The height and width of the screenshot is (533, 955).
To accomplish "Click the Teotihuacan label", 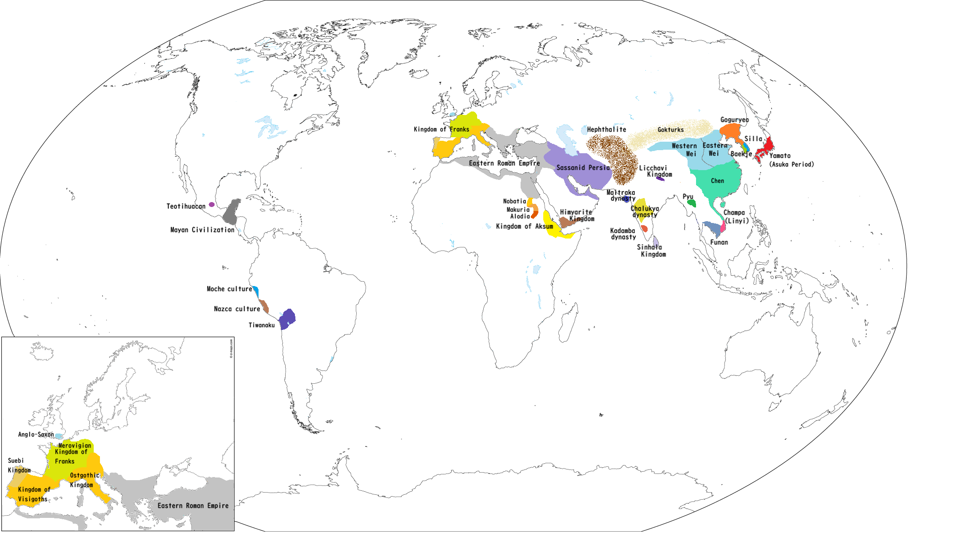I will [186, 206].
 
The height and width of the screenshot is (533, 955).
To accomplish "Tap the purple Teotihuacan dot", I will [212, 205].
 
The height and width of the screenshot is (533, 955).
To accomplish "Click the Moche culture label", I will [229, 289].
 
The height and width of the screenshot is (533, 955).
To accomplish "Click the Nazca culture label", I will [237, 309].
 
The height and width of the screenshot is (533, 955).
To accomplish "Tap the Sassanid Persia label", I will [583, 168].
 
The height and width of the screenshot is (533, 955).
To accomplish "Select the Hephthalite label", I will [606, 130].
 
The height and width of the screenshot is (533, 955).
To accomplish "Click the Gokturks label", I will [670, 130].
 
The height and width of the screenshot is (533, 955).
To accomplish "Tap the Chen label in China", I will [717, 181].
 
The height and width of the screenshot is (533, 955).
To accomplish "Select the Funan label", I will [719, 243].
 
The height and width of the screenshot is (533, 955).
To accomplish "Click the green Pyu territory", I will [692, 203].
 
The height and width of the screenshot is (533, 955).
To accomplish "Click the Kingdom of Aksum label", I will [524, 227].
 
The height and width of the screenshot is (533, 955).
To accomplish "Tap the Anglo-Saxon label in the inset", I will [36, 434].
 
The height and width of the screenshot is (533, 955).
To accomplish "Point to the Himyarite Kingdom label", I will [577, 215].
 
